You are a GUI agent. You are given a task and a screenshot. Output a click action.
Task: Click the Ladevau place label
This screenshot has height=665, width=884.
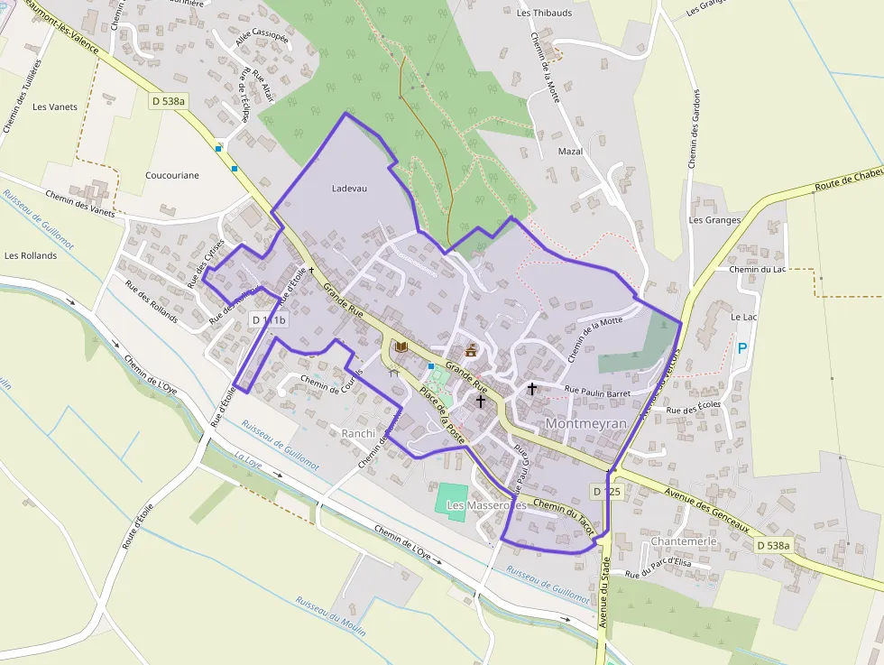tap(350, 188)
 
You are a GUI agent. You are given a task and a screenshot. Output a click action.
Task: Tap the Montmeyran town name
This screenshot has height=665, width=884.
tap(586, 423)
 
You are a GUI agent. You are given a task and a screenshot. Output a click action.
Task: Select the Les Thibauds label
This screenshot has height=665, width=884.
tap(545, 13)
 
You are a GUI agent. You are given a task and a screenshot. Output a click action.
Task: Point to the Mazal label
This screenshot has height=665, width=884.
tap(570, 151)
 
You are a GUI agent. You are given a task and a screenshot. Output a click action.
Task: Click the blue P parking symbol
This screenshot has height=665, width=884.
tap(742, 347)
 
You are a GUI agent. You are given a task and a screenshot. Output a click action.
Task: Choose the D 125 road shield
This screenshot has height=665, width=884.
tap(608, 491)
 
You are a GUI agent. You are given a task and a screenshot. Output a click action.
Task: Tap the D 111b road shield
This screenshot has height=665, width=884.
tap(269, 320)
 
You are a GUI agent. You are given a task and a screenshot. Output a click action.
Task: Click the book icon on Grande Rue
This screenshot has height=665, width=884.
tap(401, 346)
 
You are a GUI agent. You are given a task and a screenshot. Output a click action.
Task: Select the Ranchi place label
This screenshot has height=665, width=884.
tap(358, 434)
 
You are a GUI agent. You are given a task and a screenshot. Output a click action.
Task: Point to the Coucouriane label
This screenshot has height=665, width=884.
tap(172, 175)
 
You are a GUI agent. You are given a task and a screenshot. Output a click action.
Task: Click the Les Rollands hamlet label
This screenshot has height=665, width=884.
tap(31, 255)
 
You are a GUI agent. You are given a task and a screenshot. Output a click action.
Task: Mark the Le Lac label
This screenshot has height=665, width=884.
tap(743, 318)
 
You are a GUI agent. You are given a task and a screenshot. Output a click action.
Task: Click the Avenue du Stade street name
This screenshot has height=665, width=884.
tap(602, 595)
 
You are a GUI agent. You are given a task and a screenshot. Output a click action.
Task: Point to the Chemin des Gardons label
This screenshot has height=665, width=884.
tap(694, 128)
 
